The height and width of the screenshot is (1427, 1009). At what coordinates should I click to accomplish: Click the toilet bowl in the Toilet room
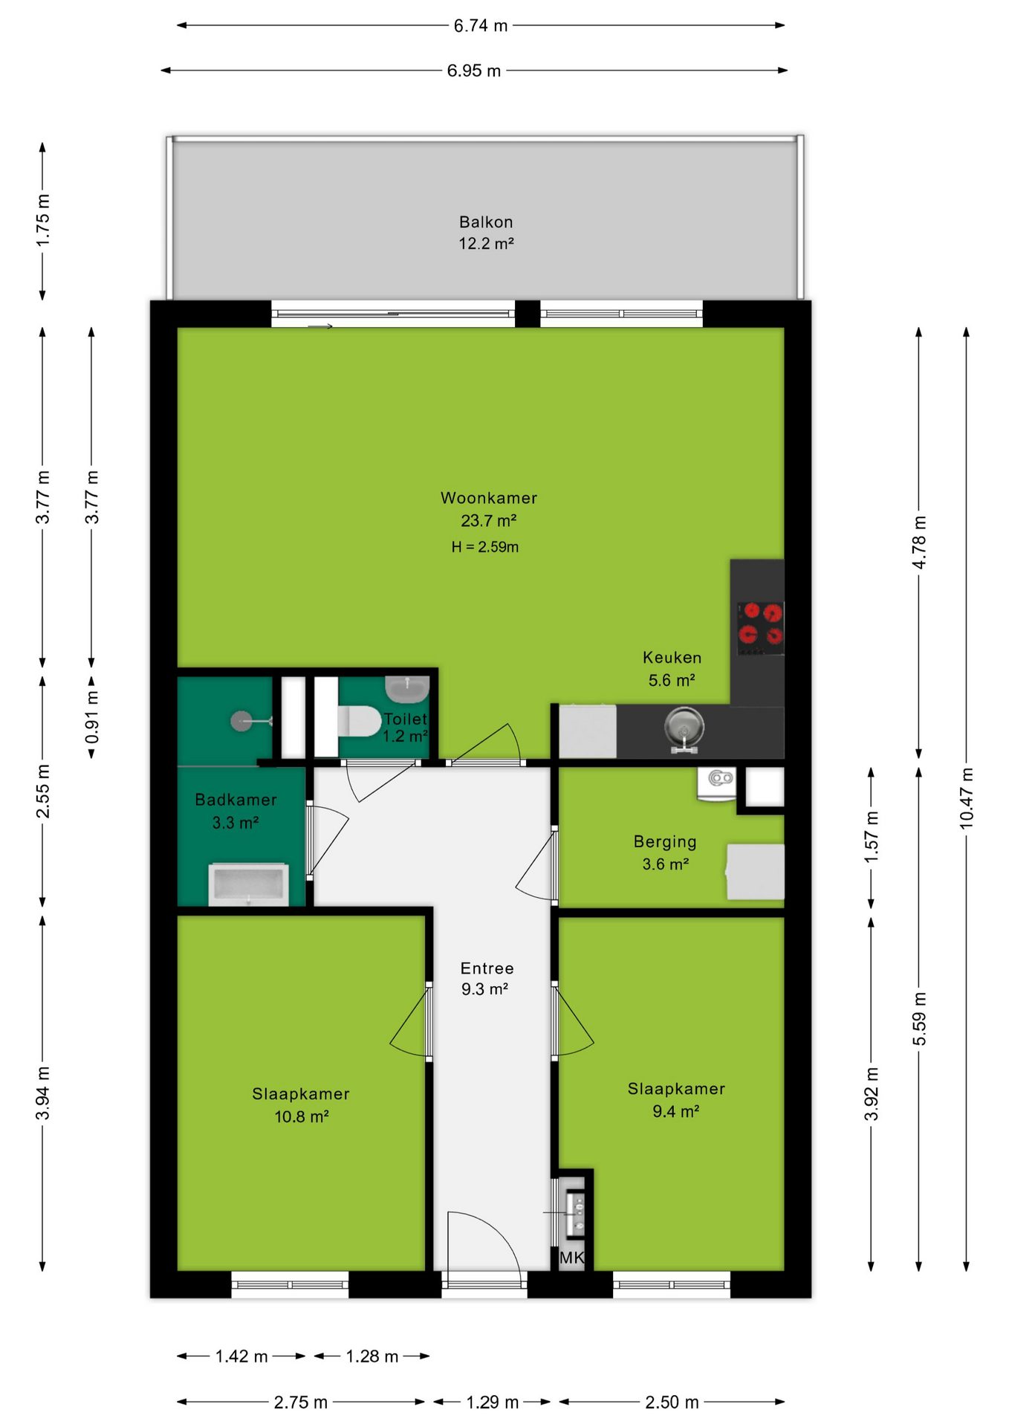click(x=360, y=721)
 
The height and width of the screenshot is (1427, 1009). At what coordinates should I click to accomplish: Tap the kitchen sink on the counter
click(x=684, y=726)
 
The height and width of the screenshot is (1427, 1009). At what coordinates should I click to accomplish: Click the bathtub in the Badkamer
click(x=248, y=884)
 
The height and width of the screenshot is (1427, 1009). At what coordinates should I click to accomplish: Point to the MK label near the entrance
click(x=571, y=1257)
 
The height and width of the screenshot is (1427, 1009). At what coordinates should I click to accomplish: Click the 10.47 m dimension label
click(x=966, y=798)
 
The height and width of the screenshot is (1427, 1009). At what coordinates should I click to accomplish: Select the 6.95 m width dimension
click(x=474, y=71)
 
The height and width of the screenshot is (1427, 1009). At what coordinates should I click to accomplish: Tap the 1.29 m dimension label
click(x=492, y=1402)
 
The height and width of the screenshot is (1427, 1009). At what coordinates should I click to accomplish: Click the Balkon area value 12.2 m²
click(x=487, y=243)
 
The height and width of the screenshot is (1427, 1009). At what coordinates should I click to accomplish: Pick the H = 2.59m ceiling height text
click(x=485, y=547)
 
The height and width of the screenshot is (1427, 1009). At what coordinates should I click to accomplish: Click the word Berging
click(x=665, y=842)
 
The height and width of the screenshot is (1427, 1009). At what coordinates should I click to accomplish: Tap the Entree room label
click(x=487, y=968)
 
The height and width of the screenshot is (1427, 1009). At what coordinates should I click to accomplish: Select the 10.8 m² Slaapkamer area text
click(x=302, y=1116)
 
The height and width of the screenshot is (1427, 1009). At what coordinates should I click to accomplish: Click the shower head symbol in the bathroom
click(x=241, y=721)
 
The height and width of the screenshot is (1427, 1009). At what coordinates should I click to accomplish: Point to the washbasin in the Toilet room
click(x=407, y=689)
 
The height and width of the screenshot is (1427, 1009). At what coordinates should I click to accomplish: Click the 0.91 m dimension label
click(x=91, y=716)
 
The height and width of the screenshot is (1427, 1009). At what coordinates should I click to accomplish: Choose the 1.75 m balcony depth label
click(x=43, y=221)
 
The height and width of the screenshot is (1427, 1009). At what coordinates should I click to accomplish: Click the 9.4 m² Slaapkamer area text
click(x=676, y=1111)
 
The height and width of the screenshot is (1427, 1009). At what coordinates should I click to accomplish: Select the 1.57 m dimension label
click(x=871, y=837)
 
